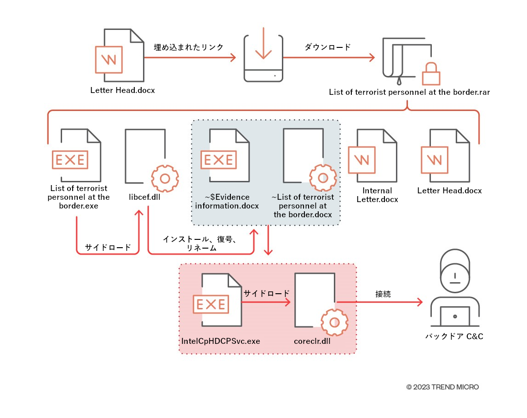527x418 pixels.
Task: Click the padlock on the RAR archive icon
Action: tap(431, 72)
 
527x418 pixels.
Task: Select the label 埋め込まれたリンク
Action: tap(189, 47)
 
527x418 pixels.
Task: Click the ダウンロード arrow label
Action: tap(327, 47)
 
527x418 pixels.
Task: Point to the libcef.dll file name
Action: tap(145, 197)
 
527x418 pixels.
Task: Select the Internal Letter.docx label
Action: tap(377, 195)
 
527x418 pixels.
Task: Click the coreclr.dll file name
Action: tap(312, 341)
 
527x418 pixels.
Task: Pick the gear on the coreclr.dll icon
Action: tap(334, 322)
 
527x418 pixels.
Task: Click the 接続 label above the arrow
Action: tap(383, 294)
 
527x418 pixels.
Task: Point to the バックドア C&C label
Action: tap(454, 337)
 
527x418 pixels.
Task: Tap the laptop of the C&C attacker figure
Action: tap(455, 317)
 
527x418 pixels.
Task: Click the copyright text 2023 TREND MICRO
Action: tap(442, 387)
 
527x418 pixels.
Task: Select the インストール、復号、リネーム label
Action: tap(199, 244)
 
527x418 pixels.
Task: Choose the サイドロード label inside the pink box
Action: tap(267, 293)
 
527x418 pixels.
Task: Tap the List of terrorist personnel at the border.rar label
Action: tap(409, 92)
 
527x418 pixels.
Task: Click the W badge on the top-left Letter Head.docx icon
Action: tap(109, 60)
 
